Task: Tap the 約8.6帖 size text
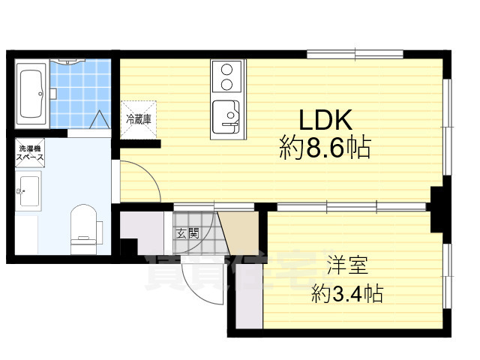click(x=325, y=148)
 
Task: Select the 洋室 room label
click(x=346, y=265)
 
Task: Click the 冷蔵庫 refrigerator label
click(x=138, y=118)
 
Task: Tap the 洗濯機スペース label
click(x=31, y=154)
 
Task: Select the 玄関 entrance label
click(x=187, y=232)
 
